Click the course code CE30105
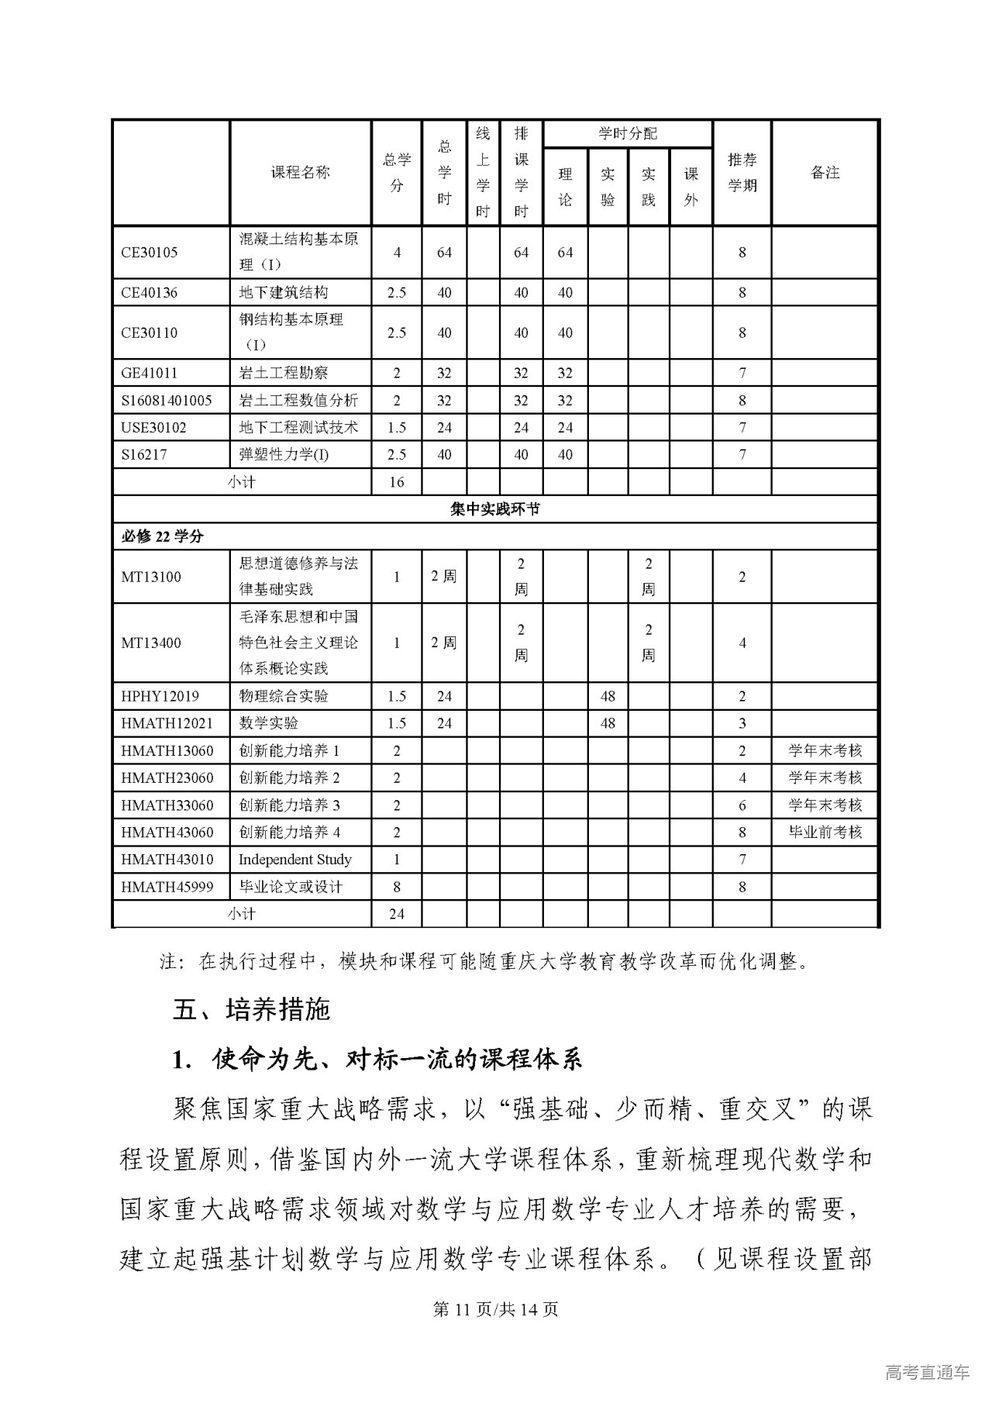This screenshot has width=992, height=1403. pos(150,252)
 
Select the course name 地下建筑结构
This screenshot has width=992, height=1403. pos(283,292)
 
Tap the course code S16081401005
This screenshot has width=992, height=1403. pos(166,400)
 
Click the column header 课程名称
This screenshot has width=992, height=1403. pos(300,172)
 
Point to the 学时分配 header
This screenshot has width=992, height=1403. pos(627,133)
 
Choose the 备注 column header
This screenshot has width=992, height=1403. pos(825,172)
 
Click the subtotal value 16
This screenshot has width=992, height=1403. pos(396,481)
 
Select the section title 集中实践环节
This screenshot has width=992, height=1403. pos(495,509)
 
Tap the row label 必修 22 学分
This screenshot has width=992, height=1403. pos(162,536)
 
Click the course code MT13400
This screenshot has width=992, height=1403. pos(151,643)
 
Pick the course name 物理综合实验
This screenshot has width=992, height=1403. pos(283,696)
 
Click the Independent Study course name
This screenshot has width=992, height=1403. pos(294,859)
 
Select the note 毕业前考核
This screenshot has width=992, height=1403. pos(825,832)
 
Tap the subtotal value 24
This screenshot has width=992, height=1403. pos(396,914)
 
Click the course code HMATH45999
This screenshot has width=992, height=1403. pos(167,887)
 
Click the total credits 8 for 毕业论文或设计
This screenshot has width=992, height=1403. pos(396,887)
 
